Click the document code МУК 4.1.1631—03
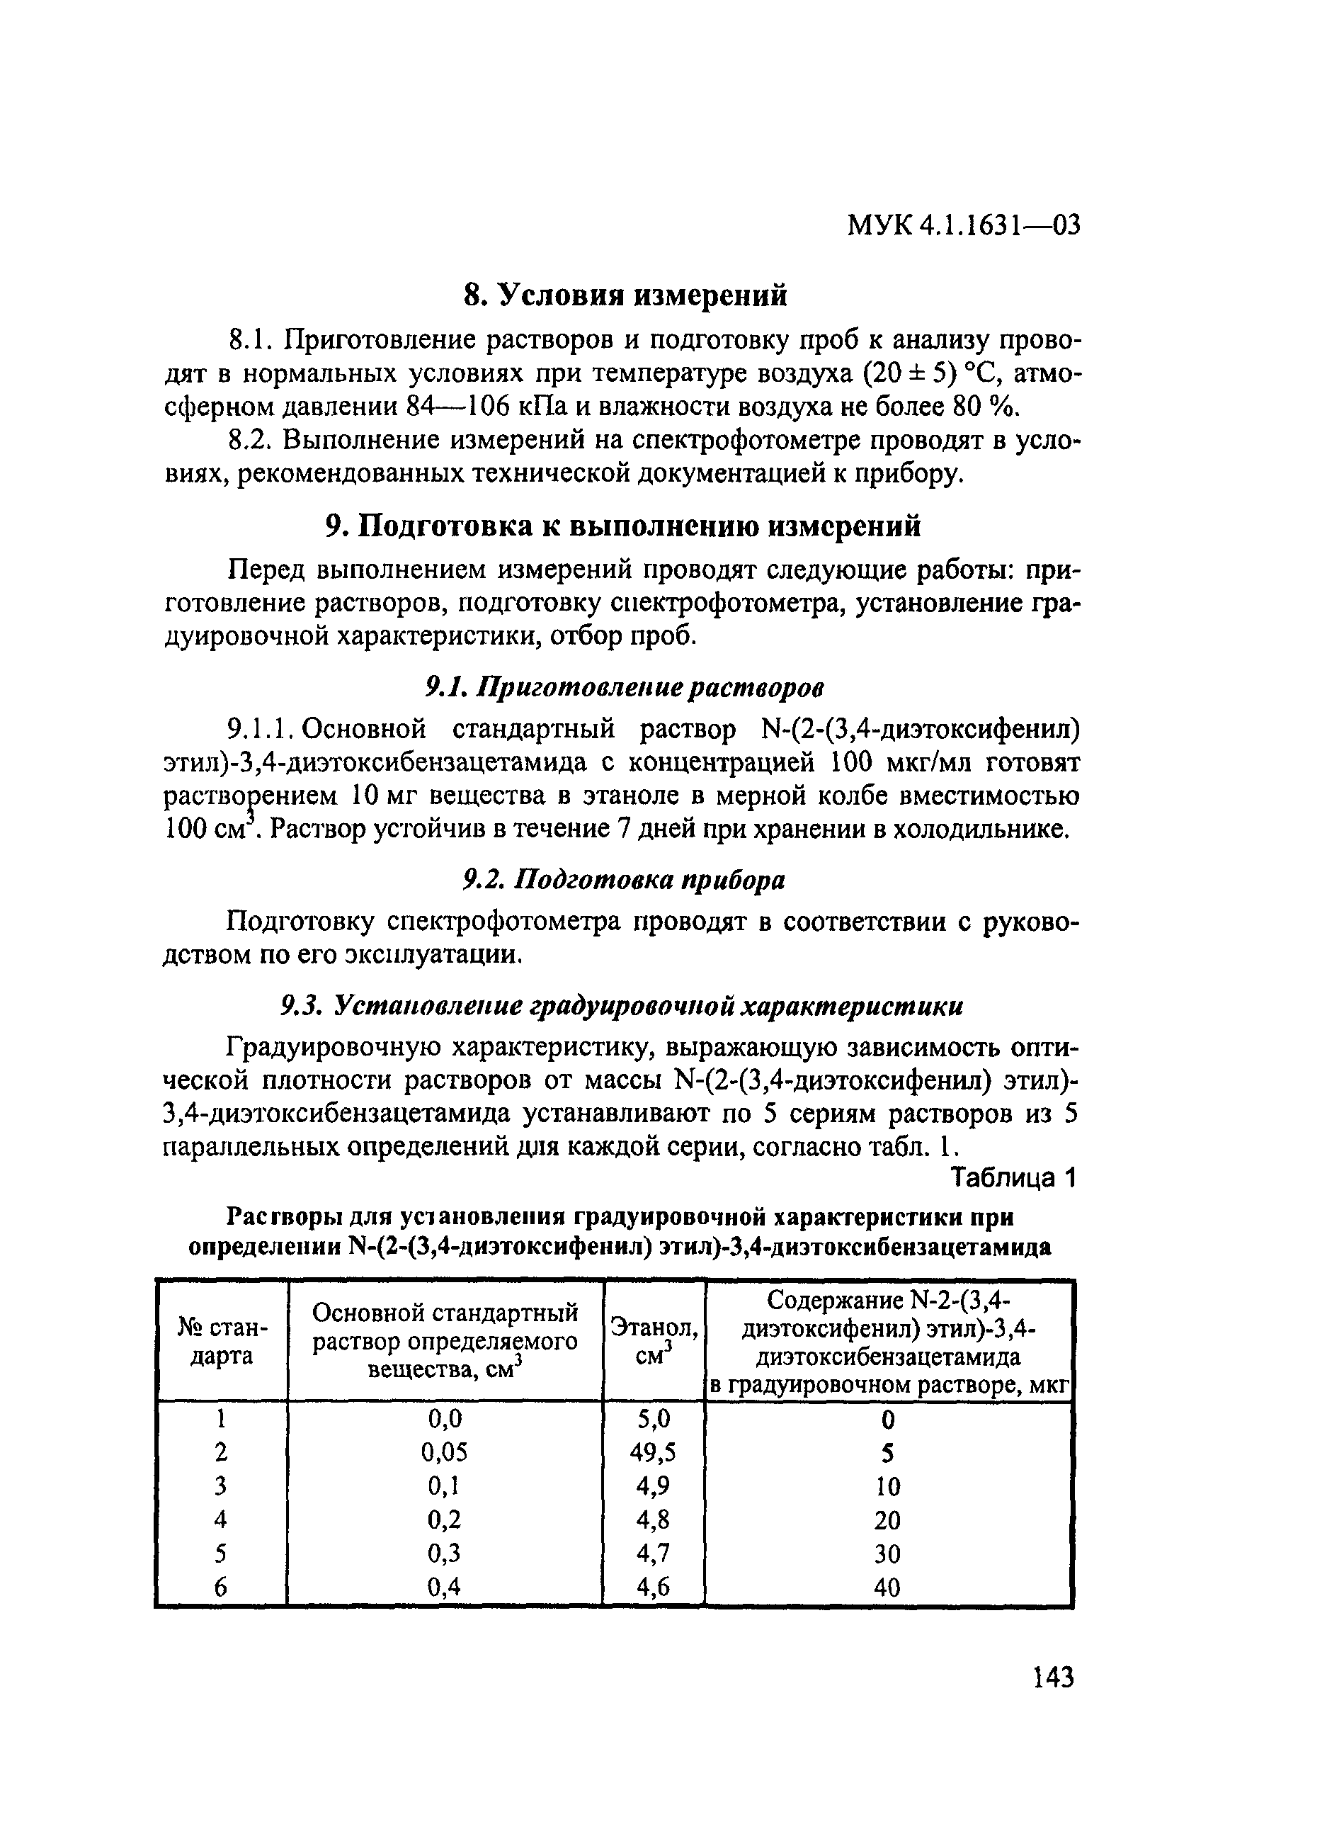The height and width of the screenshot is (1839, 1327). pos(963,225)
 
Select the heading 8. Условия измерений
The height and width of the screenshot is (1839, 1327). pos(625,295)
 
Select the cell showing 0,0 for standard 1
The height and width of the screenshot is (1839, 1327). pos(444,1419)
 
